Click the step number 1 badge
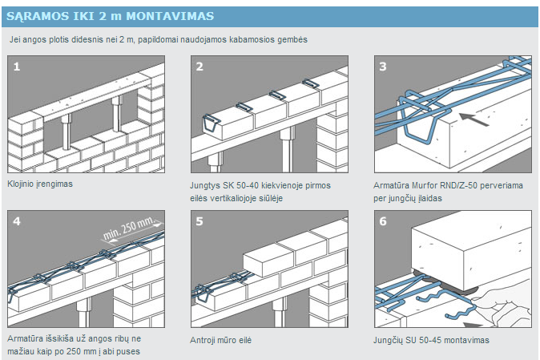click(17, 66)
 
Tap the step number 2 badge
click(199, 66)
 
